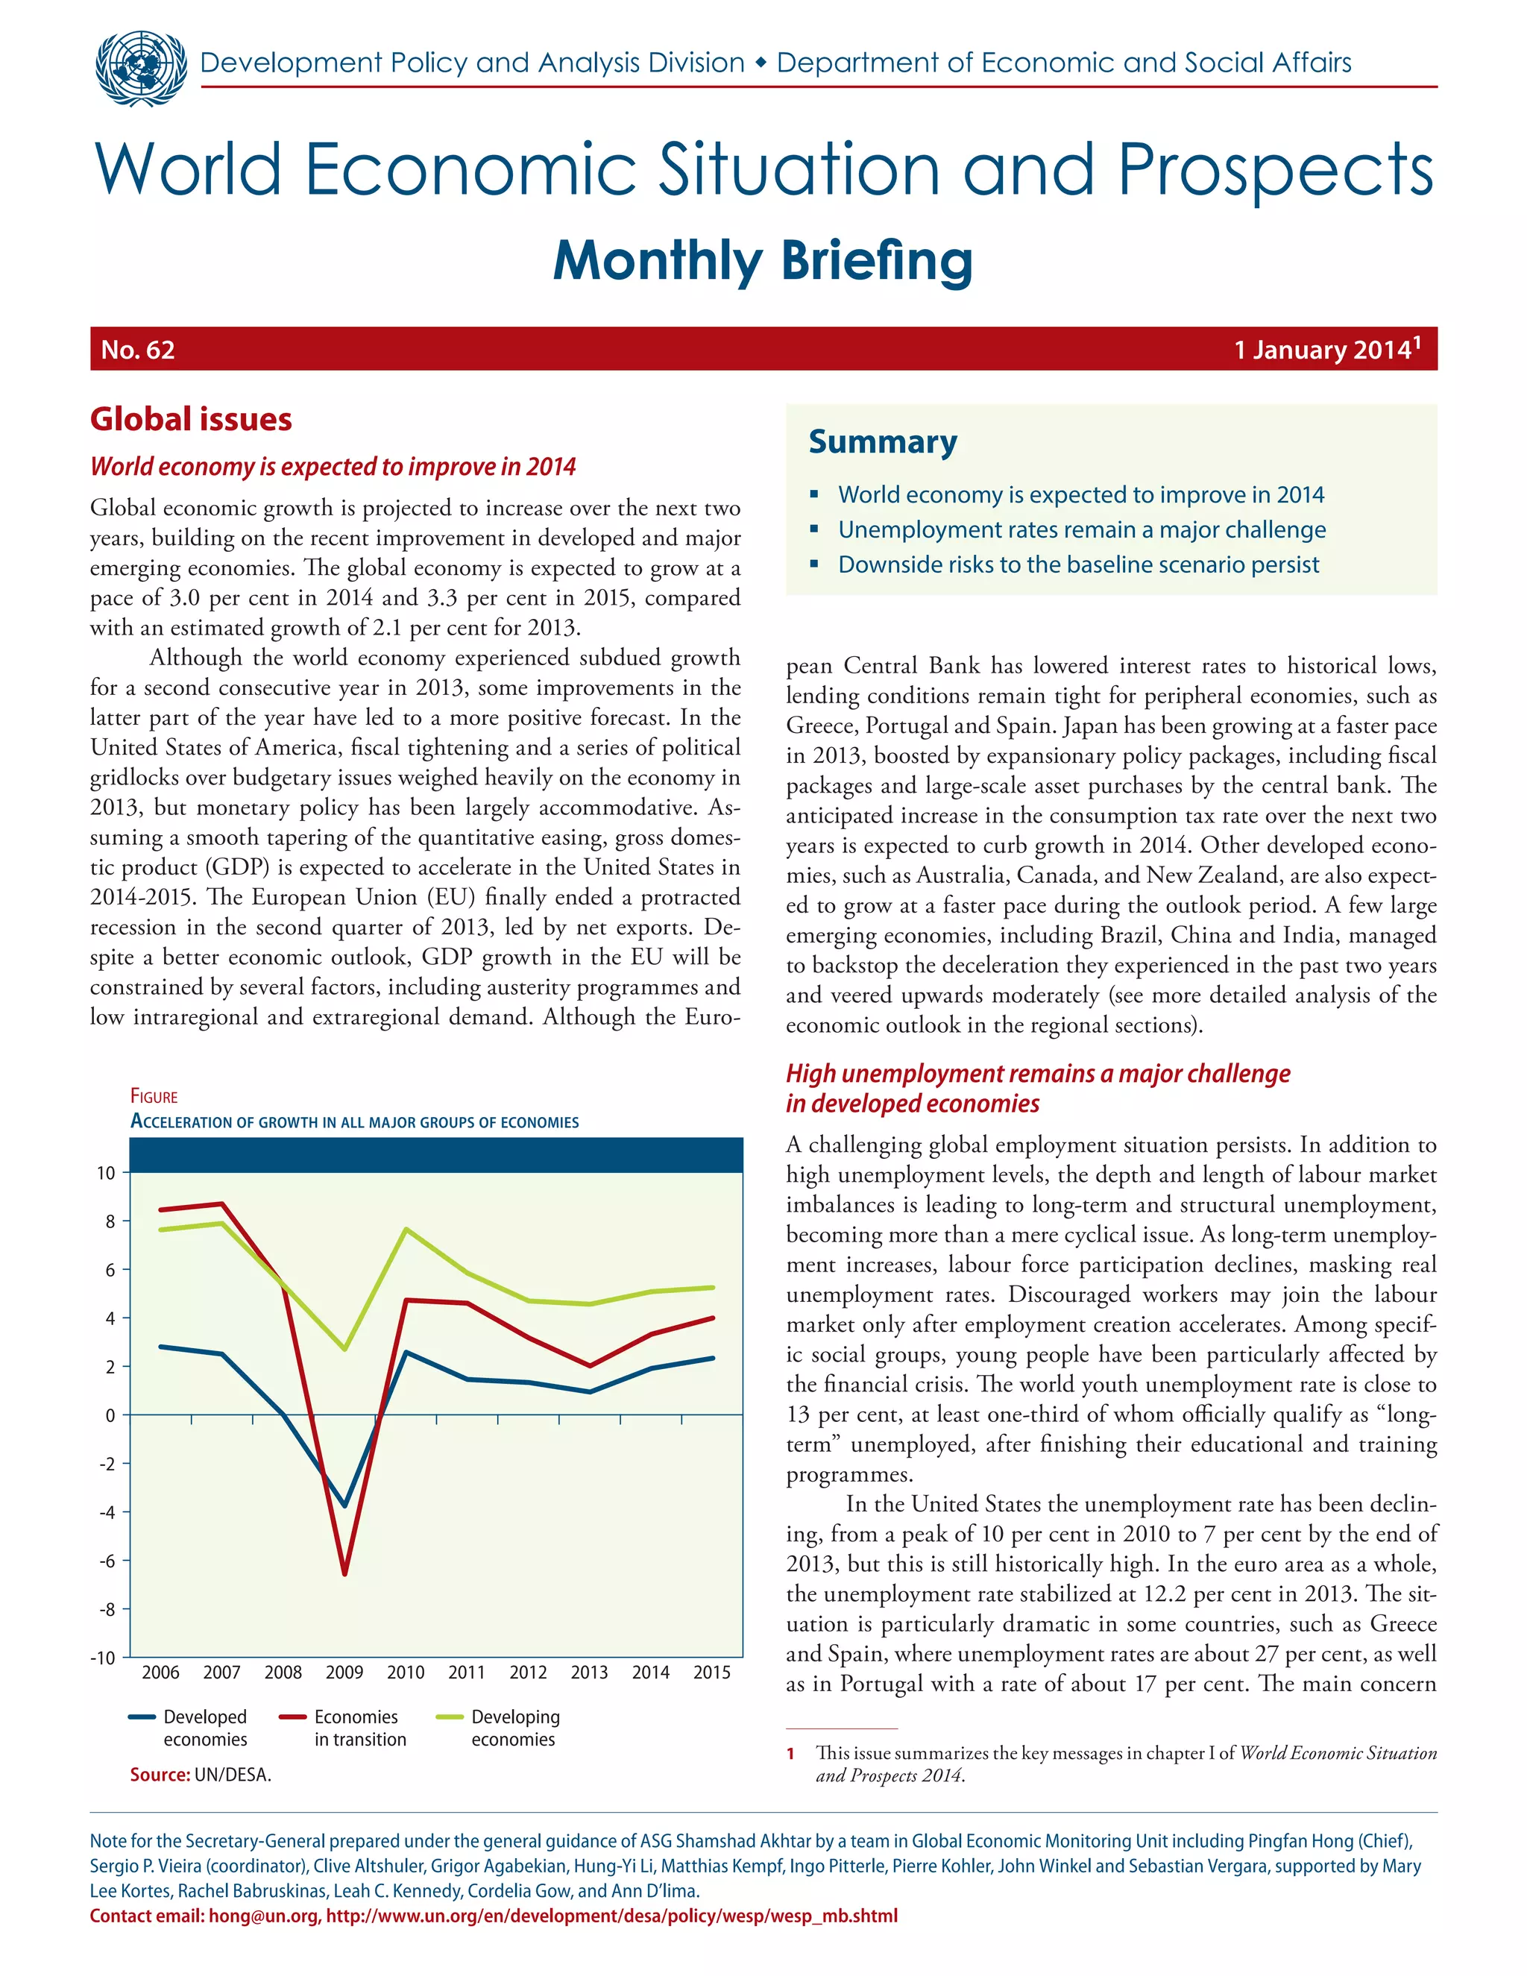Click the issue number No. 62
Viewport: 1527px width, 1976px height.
(x=137, y=350)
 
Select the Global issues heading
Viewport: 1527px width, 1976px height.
(x=191, y=419)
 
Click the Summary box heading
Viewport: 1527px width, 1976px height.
(x=882, y=441)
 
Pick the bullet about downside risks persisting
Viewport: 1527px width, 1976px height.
(x=1077, y=564)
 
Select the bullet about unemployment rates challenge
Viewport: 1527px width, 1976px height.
(x=1081, y=529)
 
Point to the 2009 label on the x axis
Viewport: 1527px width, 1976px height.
(x=344, y=1672)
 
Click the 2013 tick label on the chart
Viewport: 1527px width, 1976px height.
(x=589, y=1672)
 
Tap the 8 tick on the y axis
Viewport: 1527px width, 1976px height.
(x=110, y=1221)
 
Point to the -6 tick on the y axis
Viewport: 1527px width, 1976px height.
(x=107, y=1561)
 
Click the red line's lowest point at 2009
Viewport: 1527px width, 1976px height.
(x=344, y=1574)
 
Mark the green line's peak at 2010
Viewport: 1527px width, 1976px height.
(x=406, y=1230)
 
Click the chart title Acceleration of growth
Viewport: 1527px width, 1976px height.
(x=355, y=1122)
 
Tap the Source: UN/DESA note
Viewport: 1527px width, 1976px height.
(x=200, y=1774)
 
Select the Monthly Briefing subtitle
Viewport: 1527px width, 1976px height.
(x=763, y=260)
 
